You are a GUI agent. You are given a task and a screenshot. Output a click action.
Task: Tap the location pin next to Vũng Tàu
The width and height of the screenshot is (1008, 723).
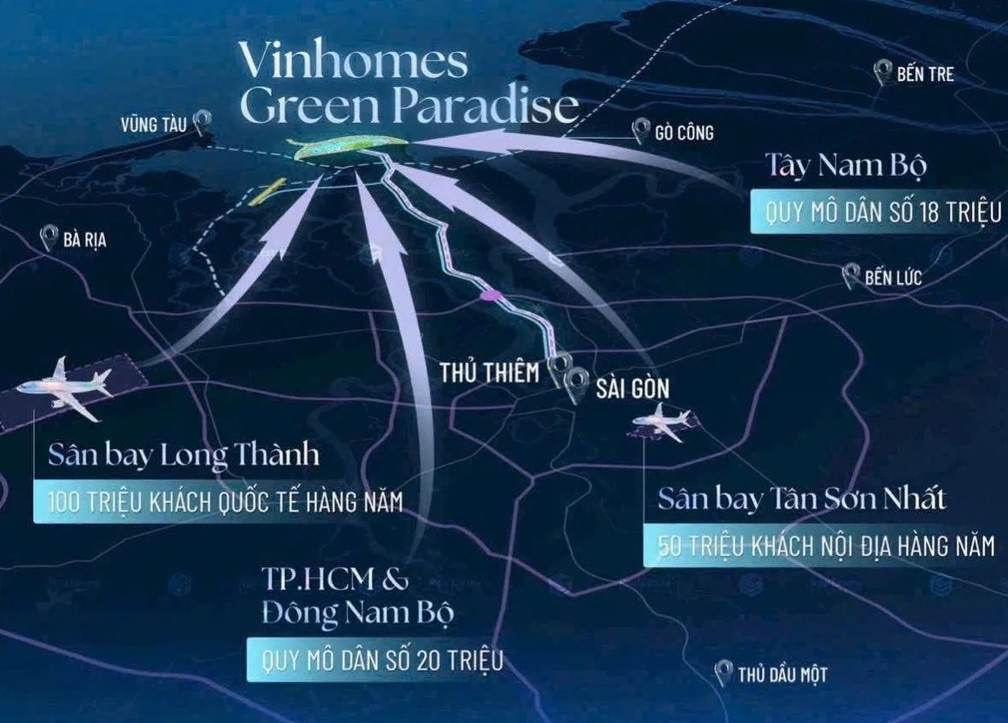[202, 122]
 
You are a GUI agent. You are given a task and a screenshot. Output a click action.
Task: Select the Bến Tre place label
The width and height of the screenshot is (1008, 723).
[924, 75]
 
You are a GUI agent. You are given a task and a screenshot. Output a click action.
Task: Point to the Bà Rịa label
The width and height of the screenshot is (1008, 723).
[84, 240]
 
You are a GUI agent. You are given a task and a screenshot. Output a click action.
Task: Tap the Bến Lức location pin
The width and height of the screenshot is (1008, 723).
[849, 275]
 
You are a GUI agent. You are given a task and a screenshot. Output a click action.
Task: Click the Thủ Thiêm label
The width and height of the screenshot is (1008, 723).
[490, 373]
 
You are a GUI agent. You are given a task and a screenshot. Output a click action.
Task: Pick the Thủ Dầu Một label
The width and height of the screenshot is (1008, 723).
[782, 675]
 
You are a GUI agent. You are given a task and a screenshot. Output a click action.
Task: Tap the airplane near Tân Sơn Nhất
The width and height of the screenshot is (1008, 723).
[663, 422]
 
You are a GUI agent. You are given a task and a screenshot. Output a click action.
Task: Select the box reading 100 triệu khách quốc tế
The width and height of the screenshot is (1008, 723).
[217, 501]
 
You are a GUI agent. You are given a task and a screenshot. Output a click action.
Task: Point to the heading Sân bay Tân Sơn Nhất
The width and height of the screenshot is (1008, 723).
[802, 498]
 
